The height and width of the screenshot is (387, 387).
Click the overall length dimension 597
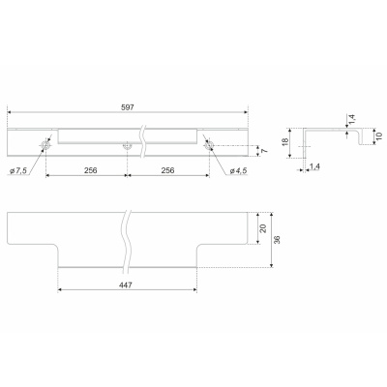click(x=128, y=107)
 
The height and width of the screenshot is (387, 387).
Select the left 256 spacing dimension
click(x=91, y=170)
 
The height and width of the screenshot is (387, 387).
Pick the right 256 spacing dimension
click(x=167, y=170)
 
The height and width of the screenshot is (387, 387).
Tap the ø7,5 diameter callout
click(x=18, y=171)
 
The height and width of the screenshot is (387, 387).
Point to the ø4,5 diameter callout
click(x=238, y=171)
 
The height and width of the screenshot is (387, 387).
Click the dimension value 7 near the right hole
click(x=264, y=151)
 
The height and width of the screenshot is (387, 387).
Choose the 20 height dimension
click(x=263, y=228)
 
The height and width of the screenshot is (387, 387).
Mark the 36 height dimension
click(x=277, y=240)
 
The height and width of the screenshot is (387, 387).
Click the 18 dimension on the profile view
click(x=285, y=142)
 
